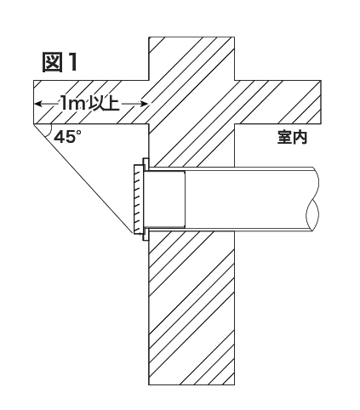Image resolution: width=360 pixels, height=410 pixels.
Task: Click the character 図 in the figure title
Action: pos(52,62)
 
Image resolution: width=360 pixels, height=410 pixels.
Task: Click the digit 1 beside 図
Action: pos(72,62)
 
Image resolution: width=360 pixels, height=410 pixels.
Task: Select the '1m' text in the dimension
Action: pos(72,104)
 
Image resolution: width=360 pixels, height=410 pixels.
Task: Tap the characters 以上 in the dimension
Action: pos(104,104)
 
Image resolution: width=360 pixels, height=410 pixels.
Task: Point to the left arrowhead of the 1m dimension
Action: pos(38,104)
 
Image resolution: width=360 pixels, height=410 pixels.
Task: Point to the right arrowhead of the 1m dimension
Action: pos(144,104)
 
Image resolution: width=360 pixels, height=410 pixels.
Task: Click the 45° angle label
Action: pos(67,137)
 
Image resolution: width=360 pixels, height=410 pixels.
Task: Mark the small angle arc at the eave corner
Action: pos(49,129)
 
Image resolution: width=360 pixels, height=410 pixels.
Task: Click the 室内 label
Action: pos(292,138)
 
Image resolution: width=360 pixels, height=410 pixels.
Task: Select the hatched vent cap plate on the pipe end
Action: pos(138,199)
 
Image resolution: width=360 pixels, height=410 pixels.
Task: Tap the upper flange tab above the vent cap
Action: pos(146,164)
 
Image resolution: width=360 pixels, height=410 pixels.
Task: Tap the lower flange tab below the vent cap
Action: pos(146,235)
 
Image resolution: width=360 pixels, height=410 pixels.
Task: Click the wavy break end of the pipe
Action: pos(313,199)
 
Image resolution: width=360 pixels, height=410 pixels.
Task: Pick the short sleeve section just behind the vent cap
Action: pos(165,199)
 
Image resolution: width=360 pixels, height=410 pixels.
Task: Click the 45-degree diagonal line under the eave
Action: pos(83,179)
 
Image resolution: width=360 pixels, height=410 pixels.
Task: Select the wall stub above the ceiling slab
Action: pos(191,59)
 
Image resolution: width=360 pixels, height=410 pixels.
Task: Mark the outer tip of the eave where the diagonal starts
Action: pos(34,124)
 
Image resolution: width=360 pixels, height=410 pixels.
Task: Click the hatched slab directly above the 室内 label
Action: pos(278,102)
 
